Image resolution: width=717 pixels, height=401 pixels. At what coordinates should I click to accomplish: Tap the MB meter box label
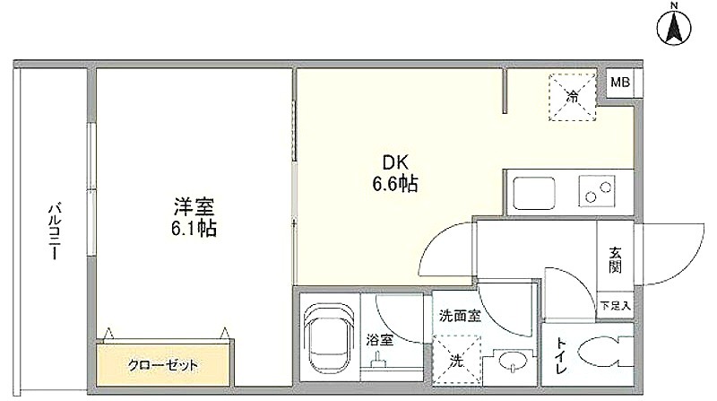[x=620, y=83]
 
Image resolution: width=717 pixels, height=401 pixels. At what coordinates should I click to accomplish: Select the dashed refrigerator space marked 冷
[x=573, y=97]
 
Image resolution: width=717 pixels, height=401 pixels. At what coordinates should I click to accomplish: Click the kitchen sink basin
[x=534, y=193]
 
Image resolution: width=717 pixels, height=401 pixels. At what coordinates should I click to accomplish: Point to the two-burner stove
[x=597, y=191]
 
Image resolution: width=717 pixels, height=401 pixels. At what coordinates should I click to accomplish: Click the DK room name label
[x=395, y=162]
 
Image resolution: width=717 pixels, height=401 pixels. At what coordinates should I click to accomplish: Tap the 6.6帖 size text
[x=395, y=184]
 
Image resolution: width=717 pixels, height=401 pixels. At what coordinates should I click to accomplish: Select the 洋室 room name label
[x=194, y=206]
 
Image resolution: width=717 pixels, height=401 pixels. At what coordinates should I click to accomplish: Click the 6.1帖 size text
[x=194, y=229]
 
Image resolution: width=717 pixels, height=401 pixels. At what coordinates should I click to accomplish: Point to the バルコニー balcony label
[x=55, y=231]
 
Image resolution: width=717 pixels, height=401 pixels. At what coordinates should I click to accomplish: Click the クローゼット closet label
[x=163, y=365]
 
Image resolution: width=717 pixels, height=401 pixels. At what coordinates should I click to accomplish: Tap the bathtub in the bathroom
[x=329, y=340]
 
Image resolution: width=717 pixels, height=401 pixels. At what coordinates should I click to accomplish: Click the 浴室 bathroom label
[x=379, y=340]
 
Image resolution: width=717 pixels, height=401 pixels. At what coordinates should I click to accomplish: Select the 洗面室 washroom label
[x=460, y=316]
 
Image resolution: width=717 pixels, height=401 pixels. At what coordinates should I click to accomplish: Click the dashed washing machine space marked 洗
[x=457, y=361]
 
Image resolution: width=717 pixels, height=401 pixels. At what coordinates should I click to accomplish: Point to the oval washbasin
[x=513, y=361]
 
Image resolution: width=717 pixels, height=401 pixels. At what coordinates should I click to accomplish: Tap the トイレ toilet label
[x=561, y=355]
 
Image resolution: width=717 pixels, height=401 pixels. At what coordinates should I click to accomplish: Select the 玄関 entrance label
[x=615, y=260]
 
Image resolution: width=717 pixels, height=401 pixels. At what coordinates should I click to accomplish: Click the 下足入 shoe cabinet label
[x=615, y=305]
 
